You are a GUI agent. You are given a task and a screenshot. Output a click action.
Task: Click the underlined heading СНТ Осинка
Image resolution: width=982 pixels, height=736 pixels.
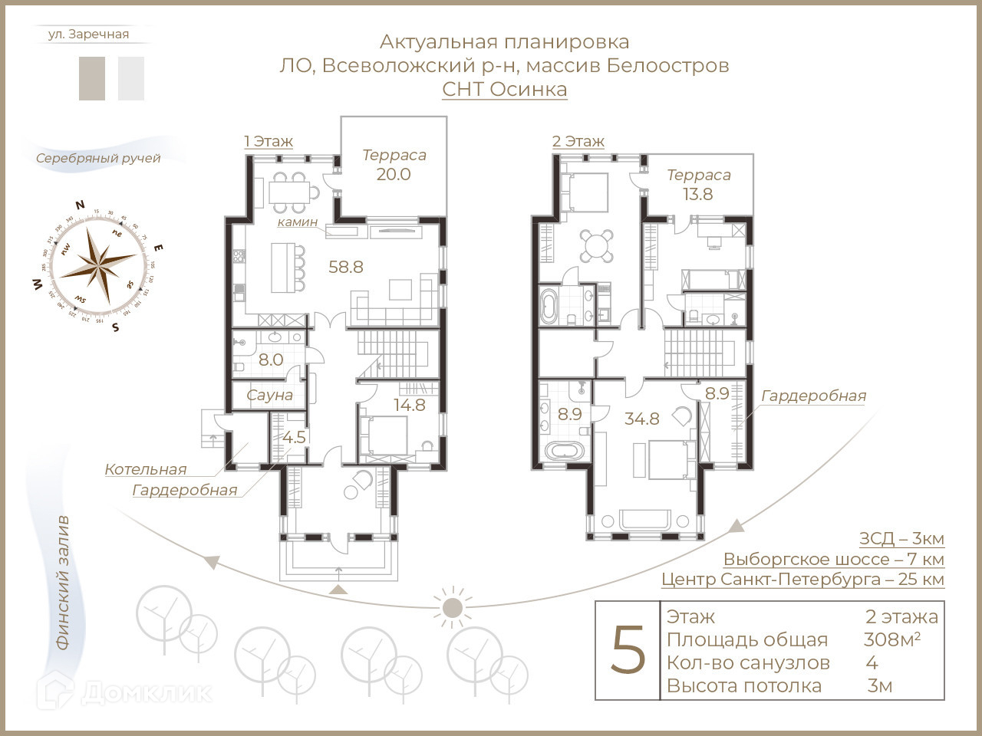[x=505, y=89]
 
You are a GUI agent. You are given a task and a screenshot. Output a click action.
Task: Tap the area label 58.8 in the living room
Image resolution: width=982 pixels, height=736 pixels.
[x=345, y=267]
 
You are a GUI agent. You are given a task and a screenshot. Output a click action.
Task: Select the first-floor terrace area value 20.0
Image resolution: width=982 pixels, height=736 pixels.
[x=394, y=174]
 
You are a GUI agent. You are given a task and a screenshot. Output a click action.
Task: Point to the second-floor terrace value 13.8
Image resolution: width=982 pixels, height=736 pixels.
[x=698, y=194]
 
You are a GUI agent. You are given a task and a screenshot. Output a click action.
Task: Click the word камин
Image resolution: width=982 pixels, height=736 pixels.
[x=298, y=222]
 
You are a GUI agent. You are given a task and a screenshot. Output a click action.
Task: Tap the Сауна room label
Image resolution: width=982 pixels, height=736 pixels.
[x=269, y=395]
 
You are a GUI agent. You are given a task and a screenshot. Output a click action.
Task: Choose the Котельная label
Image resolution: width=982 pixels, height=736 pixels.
[x=146, y=469]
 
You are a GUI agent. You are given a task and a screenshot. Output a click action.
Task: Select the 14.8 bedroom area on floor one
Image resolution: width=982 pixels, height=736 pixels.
[x=410, y=405]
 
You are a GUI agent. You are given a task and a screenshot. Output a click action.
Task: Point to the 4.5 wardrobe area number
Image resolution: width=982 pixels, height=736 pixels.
[x=295, y=437]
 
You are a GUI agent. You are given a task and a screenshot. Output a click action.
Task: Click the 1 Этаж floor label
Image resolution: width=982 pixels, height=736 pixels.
[x=269, y=141]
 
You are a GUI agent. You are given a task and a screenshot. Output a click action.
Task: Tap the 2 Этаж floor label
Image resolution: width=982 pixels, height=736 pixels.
[x=578, y=141]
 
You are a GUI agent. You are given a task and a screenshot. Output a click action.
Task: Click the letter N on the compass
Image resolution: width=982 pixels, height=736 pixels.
[x=80, y=205]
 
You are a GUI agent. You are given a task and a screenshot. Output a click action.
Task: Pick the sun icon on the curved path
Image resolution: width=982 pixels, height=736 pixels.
[x=452, y=607]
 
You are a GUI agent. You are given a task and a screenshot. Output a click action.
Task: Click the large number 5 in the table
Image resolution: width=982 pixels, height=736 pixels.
[x=628, y=651]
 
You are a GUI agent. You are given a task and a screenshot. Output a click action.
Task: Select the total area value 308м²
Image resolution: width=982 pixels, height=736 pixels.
[x=892, y=639]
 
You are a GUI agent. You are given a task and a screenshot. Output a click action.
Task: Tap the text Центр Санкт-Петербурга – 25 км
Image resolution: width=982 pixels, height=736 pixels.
[x=802, y=580]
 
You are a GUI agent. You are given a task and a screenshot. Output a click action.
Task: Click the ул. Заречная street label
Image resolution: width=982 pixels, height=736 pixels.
[x=88, y=34]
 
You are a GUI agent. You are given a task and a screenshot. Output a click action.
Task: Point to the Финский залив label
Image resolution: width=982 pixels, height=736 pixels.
[x=63, y=583]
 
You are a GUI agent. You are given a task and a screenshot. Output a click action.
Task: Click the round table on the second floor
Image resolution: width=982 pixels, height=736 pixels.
[x=596, y=246]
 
